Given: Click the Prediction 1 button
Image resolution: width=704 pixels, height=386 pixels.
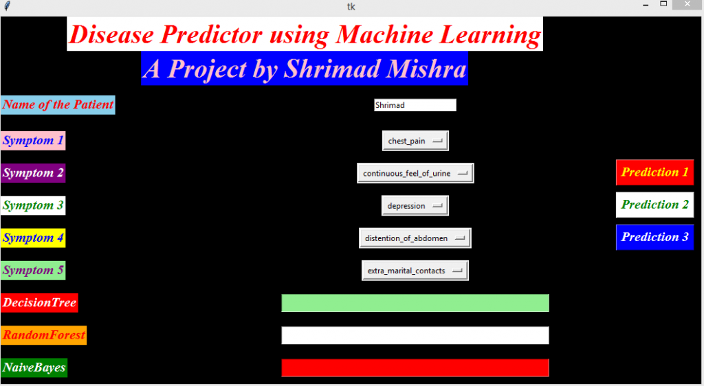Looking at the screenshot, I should (x=654, y=172).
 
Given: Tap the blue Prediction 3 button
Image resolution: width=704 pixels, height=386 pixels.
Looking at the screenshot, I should (x=654, y=237).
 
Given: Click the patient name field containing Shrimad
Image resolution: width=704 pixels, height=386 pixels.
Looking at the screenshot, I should (x=415, y=105).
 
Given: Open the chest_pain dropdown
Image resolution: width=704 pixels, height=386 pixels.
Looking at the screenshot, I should (x=415, y=141).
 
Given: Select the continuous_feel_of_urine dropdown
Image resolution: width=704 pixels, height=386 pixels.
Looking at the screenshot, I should (x=415, y=173).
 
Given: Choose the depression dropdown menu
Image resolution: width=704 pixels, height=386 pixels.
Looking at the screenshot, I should (x=415, y=205).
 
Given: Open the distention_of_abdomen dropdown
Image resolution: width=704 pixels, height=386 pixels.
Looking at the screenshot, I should (x=415, y=238).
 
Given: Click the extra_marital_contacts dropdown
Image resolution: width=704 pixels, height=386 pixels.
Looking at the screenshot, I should (x=415, y=271).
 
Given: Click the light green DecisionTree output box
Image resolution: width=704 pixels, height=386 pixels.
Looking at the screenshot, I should (x=415, y=303).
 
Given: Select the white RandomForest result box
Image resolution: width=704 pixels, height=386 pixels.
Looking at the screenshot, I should (x=415, y=335).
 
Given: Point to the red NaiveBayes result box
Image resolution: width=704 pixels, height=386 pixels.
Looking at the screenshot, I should (x=415, y=367).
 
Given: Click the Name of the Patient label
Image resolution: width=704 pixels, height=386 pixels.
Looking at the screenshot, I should (x=58, y=105).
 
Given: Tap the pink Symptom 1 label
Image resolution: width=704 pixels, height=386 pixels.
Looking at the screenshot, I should (x=33, y=141).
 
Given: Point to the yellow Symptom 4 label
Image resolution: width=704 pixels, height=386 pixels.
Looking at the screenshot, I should (x=33, y=238).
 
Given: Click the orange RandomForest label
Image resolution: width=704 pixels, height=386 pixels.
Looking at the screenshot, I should (x=43, y=335).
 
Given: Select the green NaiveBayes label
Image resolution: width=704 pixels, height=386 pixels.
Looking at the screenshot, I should (x=34, y=367).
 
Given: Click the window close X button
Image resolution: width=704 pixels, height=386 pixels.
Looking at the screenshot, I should (x=687, y=5).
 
